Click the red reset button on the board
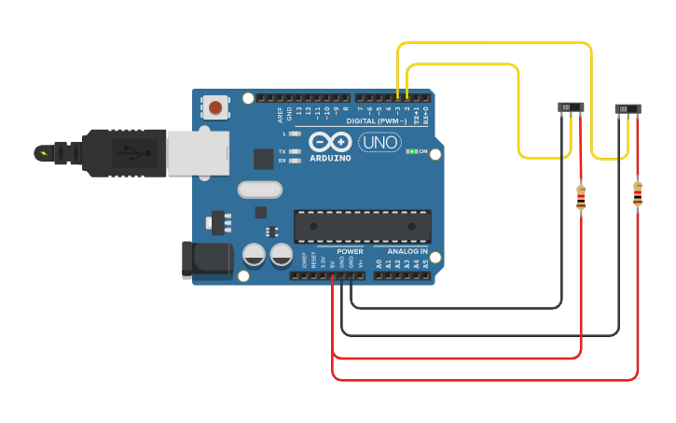(x=215, y=107)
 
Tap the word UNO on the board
(x=379, y=143)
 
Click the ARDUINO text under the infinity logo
(x=330, y=159)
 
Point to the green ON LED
(x=410, y=151)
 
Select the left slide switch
(x=571, y=107)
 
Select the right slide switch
(x=628, y=109)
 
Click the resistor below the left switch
(x=581, y=197)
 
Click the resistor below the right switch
(x=638, y=194)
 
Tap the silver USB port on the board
(x=197, y=153)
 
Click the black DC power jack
(x=207, y=259)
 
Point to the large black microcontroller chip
(x=362, y=226)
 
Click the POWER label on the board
(x=350, y=252)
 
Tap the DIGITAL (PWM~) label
(x=378, y=121)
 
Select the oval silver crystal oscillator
(x=259, y=190)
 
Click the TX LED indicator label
(x=283, y=151)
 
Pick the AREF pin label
(x=280, y=115)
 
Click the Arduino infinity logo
(x=330, y=142)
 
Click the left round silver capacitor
(x=254, y=254)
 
